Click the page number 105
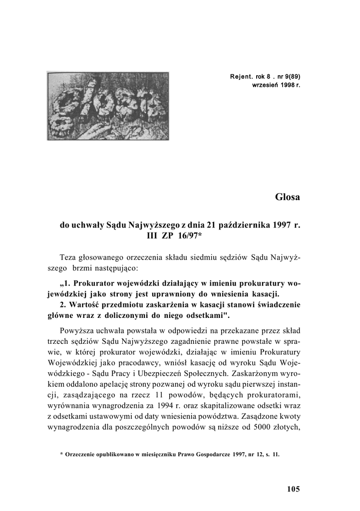[294, 489]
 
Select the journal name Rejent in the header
[241, 77]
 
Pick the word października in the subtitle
[241, 225]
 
